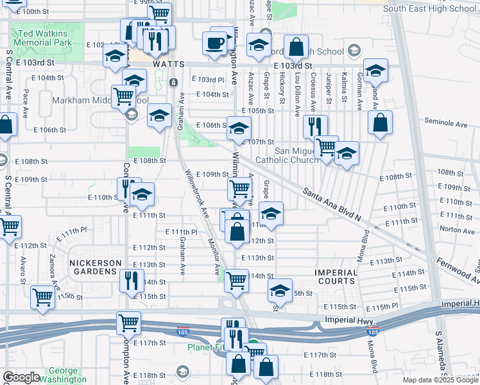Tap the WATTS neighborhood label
pos(168,65)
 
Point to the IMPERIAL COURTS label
pos(336,277)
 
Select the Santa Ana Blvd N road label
pos(332,205)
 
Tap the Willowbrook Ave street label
pos(197,193)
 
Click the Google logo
pos(21,377)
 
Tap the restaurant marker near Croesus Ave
pos(314,126)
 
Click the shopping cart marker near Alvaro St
pos(42,297)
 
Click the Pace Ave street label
pos(25,103)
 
